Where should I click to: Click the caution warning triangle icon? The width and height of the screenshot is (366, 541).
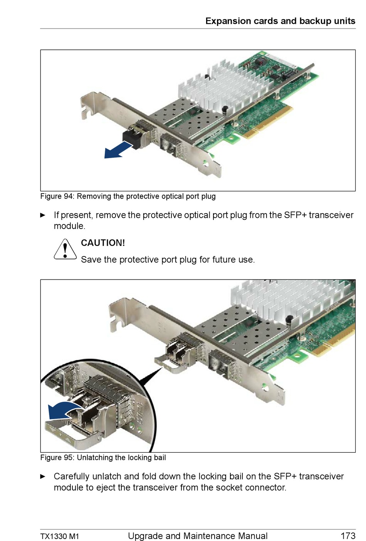point(65,249)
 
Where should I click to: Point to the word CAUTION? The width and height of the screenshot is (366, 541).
point(103,243)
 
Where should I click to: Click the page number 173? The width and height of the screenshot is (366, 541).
point(348,536)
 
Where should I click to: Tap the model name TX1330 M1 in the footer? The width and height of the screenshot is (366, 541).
point(60,536)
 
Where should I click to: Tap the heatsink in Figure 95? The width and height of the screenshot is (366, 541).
point(292,302)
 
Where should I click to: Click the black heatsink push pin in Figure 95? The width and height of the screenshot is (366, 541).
point(289,320)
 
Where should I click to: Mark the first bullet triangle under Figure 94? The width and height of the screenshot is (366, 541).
point(43,215)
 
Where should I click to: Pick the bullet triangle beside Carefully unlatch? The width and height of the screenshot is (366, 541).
point(43,477)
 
